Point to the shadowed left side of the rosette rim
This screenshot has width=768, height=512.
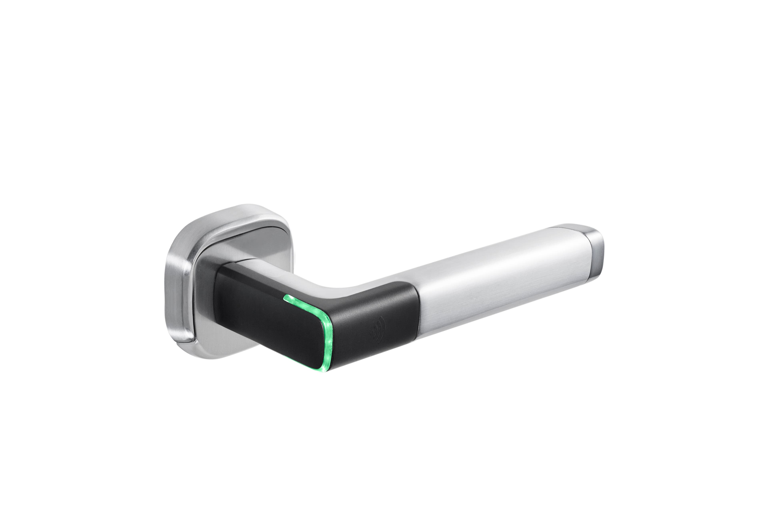[x=175, y=287]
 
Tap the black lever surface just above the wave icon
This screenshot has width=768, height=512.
[x=379, y=310]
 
